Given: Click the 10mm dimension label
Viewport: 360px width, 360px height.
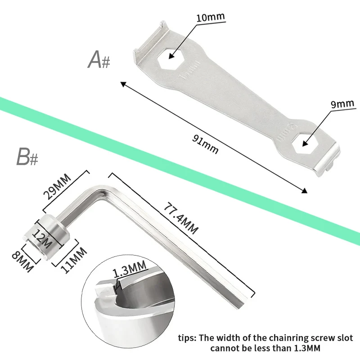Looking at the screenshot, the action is [211, 17].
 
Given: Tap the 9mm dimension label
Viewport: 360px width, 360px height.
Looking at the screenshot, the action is [342, 104].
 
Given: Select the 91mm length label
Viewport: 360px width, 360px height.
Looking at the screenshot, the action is [205, 144].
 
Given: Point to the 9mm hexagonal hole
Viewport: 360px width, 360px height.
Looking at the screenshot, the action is [303, 143].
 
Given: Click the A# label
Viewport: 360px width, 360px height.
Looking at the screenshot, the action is [99, 60].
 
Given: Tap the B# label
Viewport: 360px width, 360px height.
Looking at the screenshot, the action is [27, 157].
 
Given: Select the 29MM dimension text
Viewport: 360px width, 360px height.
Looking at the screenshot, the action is [57, 186].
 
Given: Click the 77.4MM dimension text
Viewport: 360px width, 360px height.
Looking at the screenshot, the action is [181, 218].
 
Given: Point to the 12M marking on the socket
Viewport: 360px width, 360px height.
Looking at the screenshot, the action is [41, 239].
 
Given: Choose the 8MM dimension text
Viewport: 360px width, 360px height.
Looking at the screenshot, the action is [22, 261].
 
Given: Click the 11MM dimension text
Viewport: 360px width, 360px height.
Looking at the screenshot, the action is [74, 260].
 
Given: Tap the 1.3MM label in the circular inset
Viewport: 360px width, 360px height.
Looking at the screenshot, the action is [130, 269].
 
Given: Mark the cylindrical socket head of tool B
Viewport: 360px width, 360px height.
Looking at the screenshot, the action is [46, 237].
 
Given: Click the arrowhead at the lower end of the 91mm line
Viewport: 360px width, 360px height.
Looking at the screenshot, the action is [304, 190].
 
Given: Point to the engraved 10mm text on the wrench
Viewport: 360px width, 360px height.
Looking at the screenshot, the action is [189, 71].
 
